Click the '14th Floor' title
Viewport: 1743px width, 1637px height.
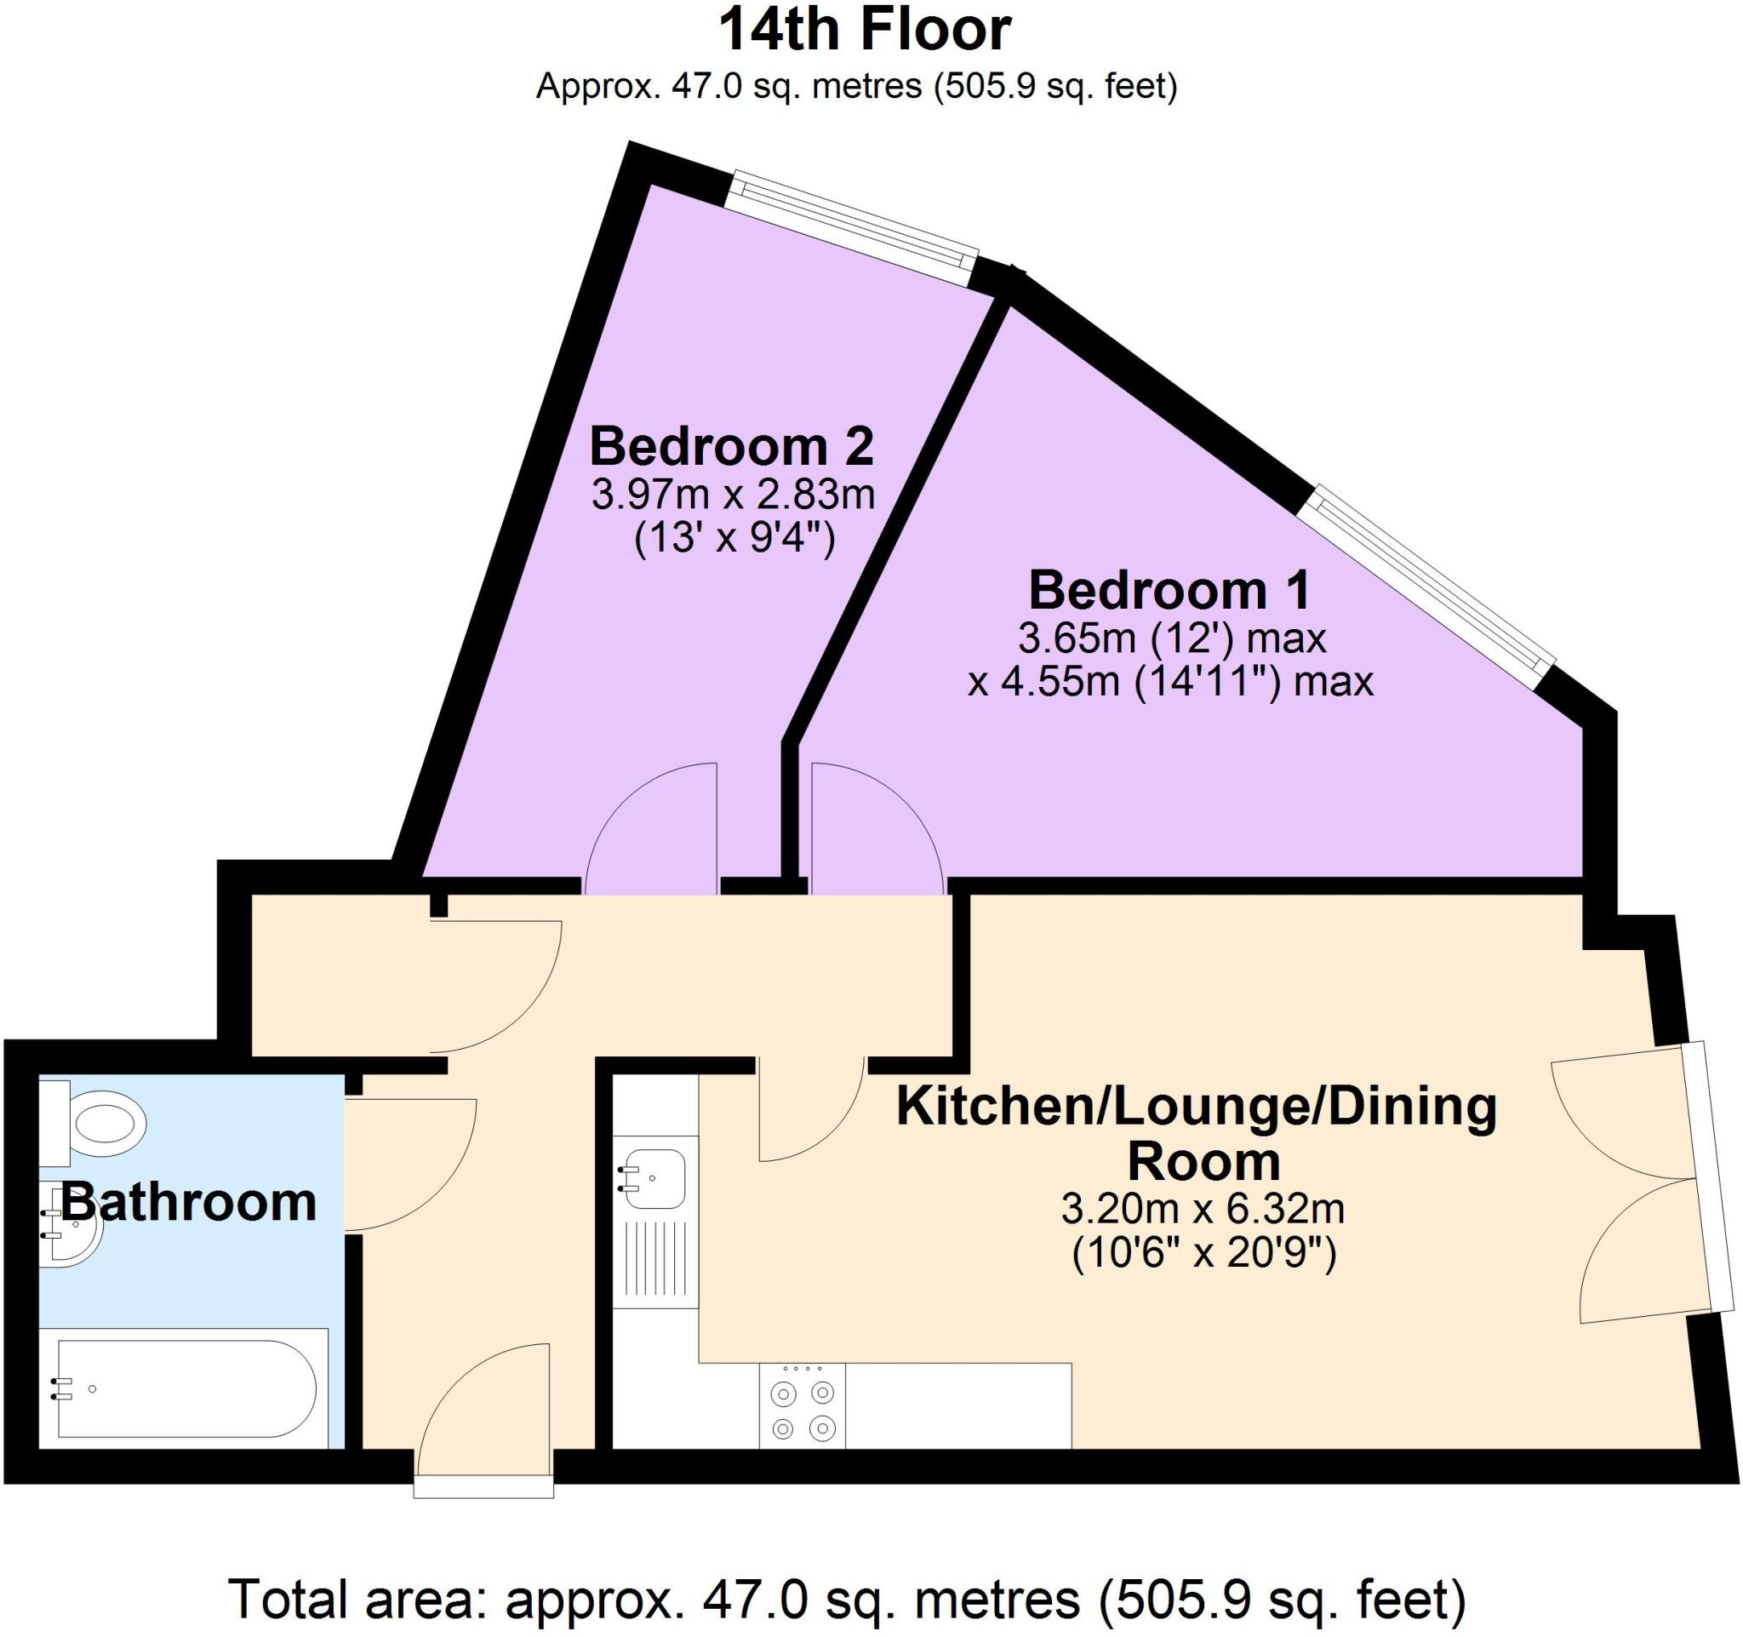click(865, 31)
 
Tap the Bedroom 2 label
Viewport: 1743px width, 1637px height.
click(731, 447)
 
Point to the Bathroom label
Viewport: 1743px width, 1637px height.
click(187, 1202)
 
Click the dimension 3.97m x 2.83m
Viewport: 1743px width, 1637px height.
click(733, 495)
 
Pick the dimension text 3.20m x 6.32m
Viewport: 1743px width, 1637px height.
click(1203, 1210)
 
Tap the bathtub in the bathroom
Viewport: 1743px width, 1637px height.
click(184, 1390)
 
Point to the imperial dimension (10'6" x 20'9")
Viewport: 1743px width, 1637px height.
click(1203, 1254)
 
